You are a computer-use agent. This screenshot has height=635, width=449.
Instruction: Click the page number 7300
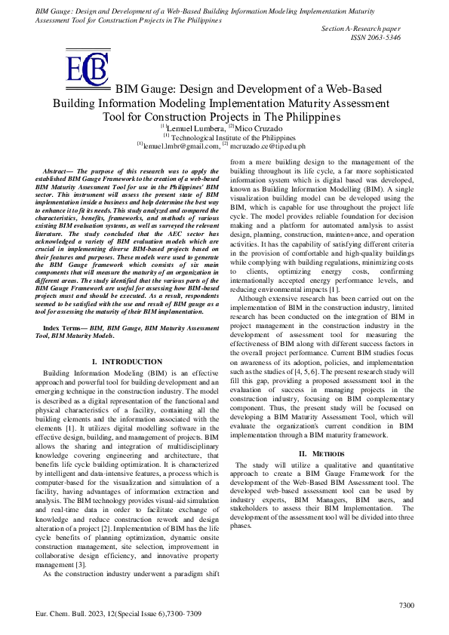click(406, 605)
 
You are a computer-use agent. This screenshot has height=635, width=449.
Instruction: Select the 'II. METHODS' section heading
click(322, 452)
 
